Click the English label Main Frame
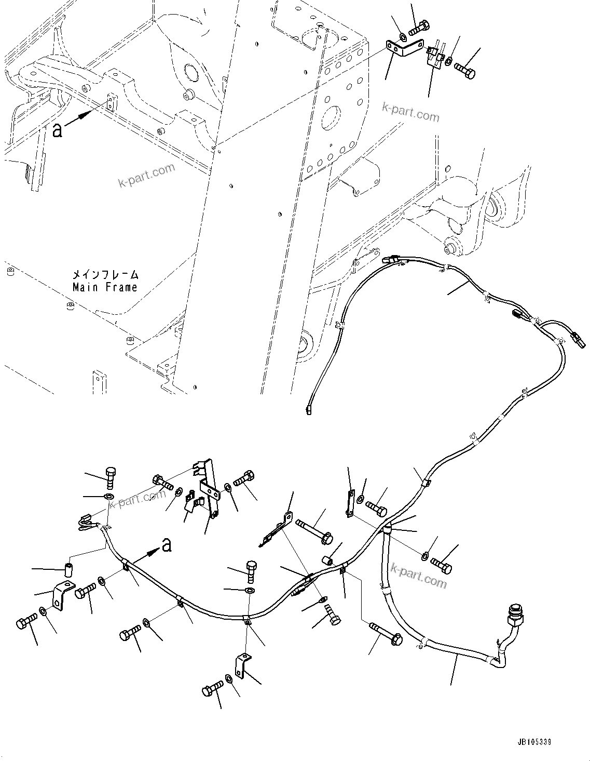tap(105, 287)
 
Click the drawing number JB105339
tap(534, 742)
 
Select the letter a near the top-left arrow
tap(58, 130)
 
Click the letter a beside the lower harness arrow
tap(167, 544)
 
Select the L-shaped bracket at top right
tap(403, 48)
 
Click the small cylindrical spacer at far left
tap(67, 570)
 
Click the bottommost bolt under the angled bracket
tap(213, 690)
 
